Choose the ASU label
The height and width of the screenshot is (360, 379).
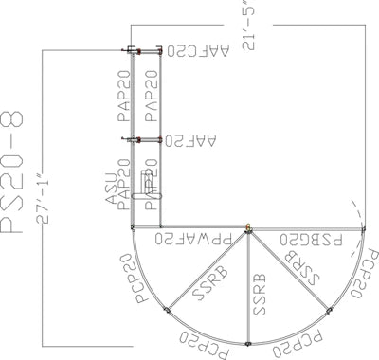tap(110, 189)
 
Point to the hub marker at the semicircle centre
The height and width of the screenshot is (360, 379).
tap(248, 227)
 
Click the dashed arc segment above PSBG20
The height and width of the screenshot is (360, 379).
tap(355, 210)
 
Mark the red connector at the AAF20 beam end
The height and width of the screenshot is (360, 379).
tap(140, 140)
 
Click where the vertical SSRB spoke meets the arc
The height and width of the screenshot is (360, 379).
tap(248, 343)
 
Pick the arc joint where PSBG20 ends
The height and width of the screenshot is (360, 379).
tap(366, 228)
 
